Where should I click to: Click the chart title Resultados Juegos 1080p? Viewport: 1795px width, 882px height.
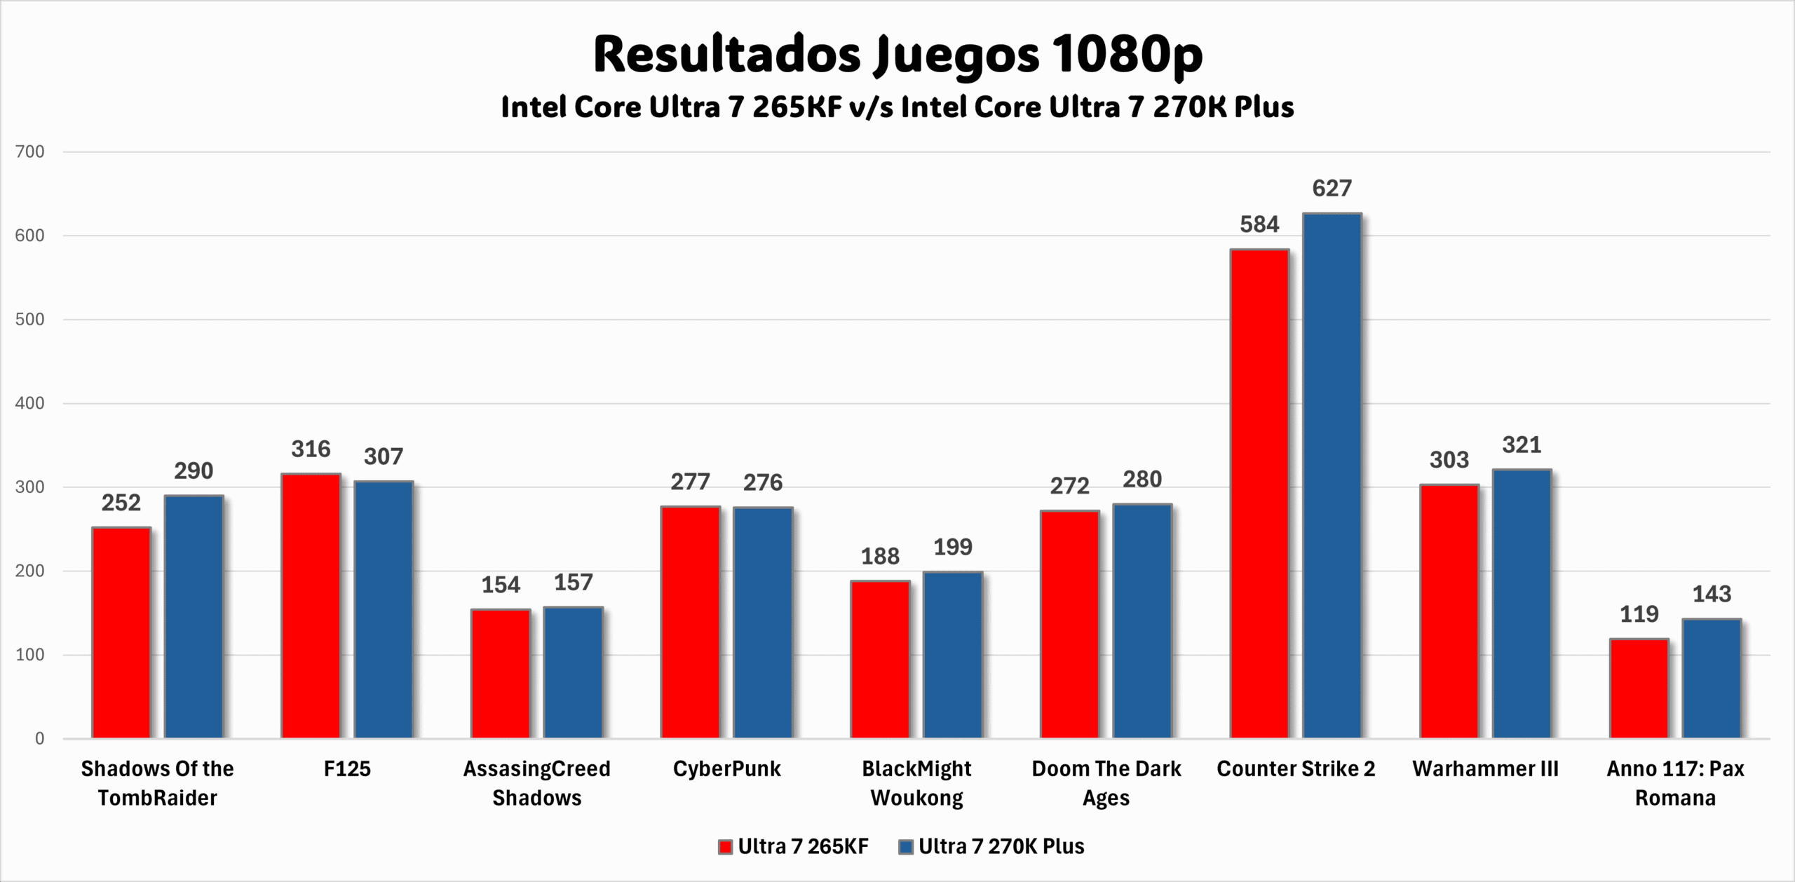click(897, 55)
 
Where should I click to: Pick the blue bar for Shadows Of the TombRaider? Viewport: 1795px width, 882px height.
click(194, 616)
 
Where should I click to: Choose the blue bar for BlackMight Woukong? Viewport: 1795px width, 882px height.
click(952, 655)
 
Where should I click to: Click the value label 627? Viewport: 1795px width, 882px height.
click(1332, 188)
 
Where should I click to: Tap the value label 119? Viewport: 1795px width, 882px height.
click(1639, 614)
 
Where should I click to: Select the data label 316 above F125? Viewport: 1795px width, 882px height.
click(311, 449)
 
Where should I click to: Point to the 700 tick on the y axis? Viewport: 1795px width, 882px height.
click(29, 151)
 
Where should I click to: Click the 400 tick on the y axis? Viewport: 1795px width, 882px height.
click(29, 403)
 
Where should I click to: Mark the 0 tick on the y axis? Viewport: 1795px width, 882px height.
click(39, 738)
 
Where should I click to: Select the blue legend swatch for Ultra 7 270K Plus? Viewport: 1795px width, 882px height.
click(906, 847)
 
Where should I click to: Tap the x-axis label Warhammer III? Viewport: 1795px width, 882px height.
click(1485, 768)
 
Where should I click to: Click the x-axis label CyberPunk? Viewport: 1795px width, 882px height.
click(726, 768)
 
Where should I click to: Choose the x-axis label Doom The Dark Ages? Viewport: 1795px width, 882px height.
click(1106, 782)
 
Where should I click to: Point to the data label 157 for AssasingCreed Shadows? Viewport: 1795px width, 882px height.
click(573, 582)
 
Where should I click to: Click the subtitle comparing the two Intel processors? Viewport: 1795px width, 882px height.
click(897, 107)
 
